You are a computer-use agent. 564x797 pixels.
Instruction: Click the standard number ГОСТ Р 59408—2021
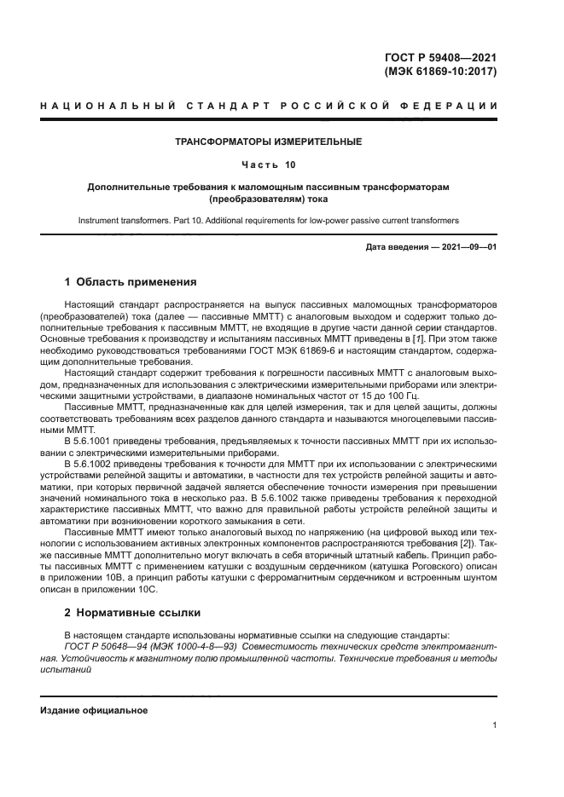tap(440, 58)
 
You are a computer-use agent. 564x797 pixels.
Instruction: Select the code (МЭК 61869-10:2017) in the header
tap(440, 72)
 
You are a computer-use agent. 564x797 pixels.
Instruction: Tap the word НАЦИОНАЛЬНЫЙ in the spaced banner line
tap(108, 107)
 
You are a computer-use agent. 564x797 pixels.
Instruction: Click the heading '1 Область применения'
tap(131, 282)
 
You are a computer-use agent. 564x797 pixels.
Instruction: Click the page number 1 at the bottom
tap(495, 725)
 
